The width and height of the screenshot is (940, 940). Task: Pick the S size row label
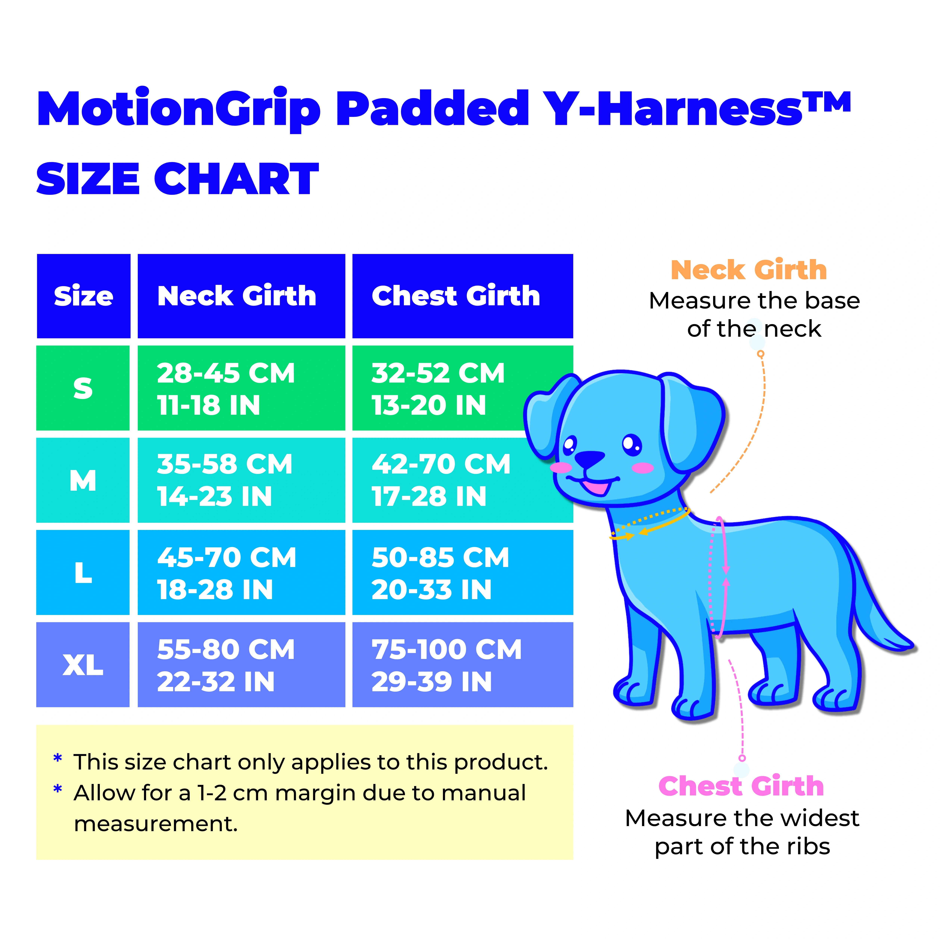point(83,388)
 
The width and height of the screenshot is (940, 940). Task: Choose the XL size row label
point(83,665)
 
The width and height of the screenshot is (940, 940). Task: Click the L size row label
point(83,573)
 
